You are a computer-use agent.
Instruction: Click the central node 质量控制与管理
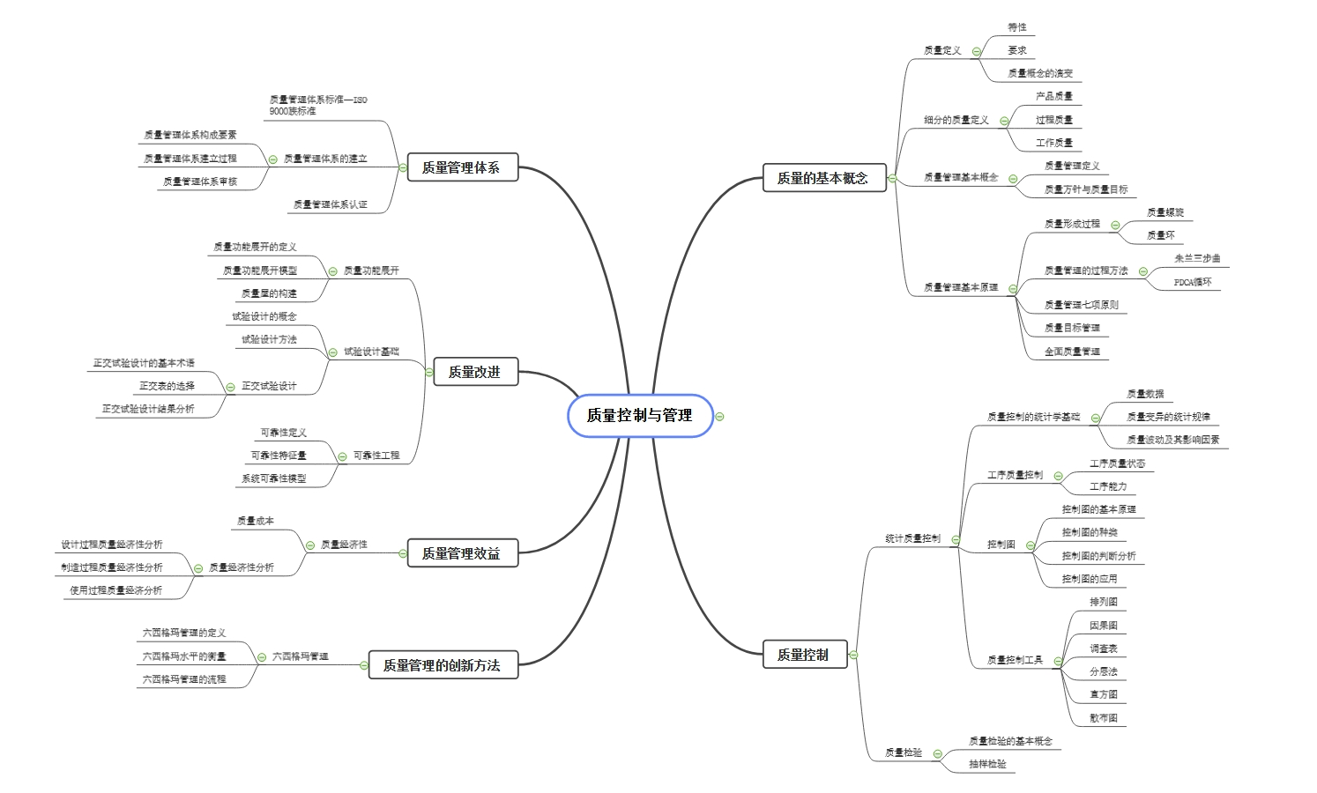pos(639,415)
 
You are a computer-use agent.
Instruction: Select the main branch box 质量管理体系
pos(461,167)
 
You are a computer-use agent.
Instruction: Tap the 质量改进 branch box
pos(474,372)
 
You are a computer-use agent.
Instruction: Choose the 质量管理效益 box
pos(461,553)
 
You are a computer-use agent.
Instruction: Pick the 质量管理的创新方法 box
pos(442,665)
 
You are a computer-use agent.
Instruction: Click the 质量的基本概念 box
pos(822,178)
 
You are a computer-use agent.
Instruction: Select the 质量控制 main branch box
pos(803,655)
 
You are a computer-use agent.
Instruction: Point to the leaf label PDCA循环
pos(1193,282)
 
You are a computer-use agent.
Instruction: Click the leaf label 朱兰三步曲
pos(1197,258)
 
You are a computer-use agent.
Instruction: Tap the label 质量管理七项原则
pos(1082,305)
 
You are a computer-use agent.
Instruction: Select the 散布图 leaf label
pos(1104,718)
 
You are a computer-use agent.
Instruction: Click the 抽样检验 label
pos(987,764)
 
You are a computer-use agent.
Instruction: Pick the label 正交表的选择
pos(167,386)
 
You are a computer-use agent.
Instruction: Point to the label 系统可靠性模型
pos(274,478)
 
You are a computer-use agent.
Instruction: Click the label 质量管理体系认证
pos(331,204)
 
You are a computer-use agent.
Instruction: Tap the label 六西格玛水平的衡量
pos(184,656)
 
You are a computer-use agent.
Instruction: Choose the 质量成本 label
pos(256,521)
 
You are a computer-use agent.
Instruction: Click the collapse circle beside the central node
pos(719,416)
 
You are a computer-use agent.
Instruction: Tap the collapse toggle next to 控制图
pos(1030,545)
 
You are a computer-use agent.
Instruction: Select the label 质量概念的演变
pos(1040,73)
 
